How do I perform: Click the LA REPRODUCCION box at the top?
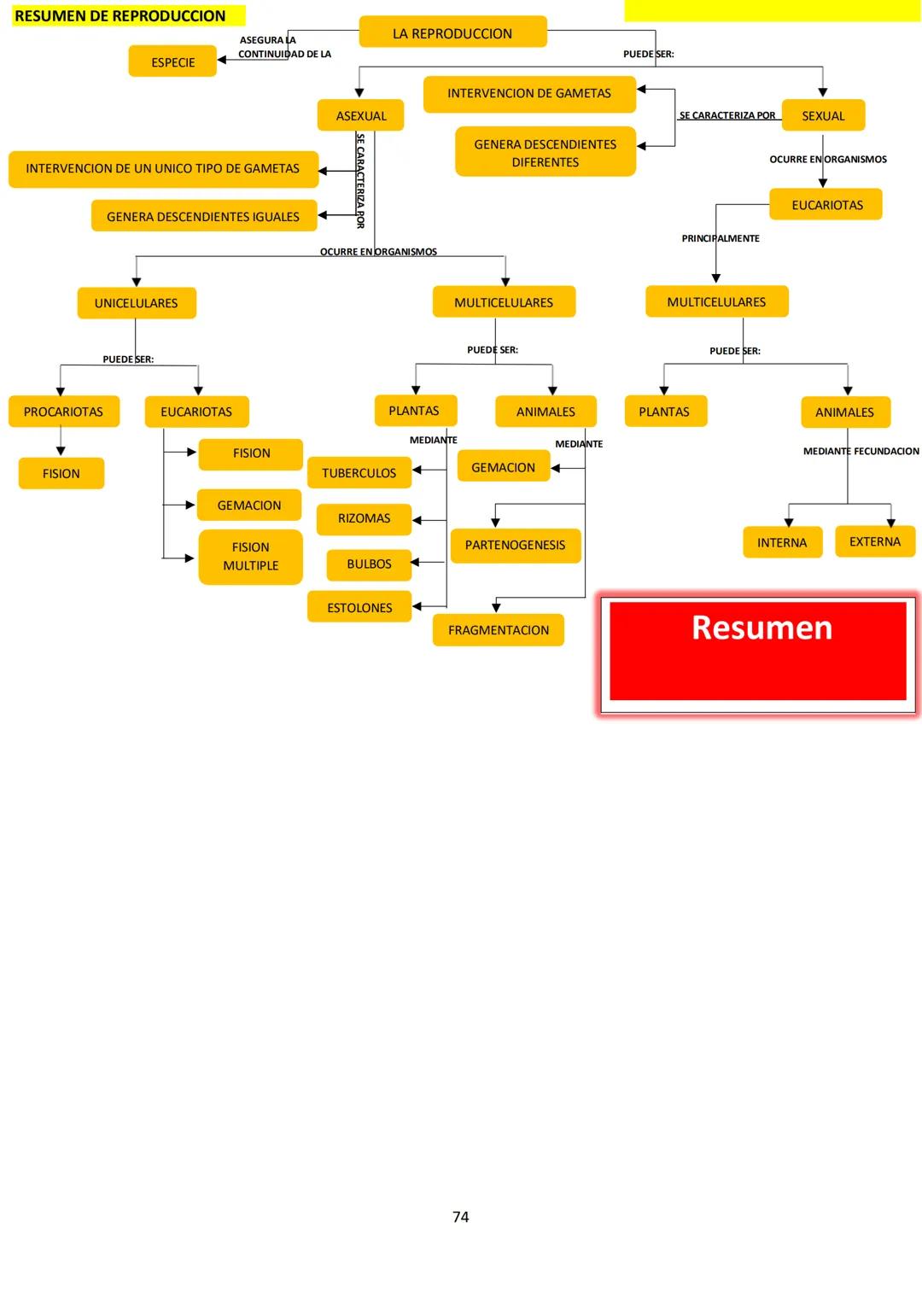click(x=452, y=32)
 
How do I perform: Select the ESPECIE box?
click(x=172, y=61)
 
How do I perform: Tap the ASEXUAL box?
click(x=360, y=115)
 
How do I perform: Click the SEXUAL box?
click(x=822, y=115)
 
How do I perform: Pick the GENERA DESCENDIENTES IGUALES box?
click(x=203, y=216)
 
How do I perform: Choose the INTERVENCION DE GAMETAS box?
click(x=528, y=93)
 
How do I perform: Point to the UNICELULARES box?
click(x=137, y=303)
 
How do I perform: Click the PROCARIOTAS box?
click(x=63, y=412)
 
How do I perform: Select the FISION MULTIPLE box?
click(x=250, y=557)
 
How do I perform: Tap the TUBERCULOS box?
click(x=359, y=472)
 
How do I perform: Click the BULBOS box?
click(x=369, y=564)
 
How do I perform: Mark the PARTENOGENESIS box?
click(x=515, y=545)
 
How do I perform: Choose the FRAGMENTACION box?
click(x=499, y=630)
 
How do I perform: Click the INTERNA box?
click(x=781, y=542)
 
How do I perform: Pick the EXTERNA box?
click(x=874, y=541)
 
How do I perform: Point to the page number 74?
click(x=461, y=1217)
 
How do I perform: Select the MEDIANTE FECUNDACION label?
click(x=861, y=451)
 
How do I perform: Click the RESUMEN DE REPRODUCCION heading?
click(x=120, y=15)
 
